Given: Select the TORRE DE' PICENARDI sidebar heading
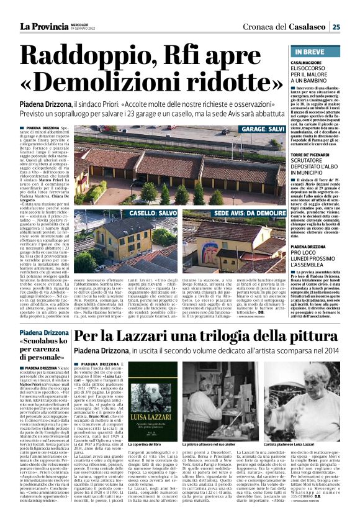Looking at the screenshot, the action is pyautogui.click(x=316, y=152).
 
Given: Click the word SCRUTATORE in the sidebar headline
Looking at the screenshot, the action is pyautogui.click(x=313, y=160).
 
